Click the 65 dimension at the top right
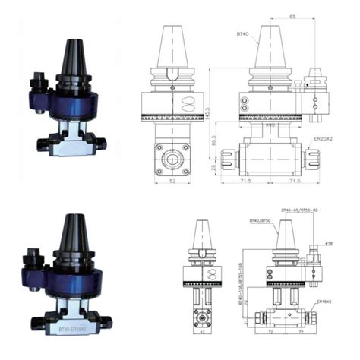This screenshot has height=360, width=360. [x=292, y=16]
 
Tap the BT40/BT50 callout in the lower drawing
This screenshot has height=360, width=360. [x=258, y=221]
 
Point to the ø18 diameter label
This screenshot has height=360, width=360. [x=329, y=244]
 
